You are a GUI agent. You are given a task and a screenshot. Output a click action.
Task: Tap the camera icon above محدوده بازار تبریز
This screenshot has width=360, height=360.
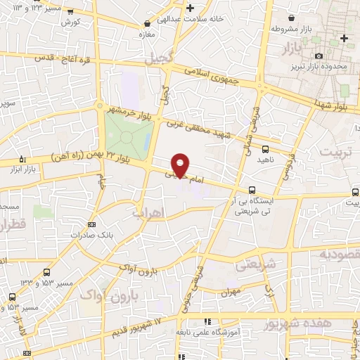tap(319, 56)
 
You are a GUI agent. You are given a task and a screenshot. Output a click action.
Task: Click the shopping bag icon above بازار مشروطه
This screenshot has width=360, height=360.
tap(292, 19)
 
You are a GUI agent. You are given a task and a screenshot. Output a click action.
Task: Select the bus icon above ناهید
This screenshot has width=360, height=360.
tap(265, 148)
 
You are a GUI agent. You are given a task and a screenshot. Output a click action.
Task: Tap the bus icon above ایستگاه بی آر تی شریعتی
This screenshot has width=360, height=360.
tap(252, 189)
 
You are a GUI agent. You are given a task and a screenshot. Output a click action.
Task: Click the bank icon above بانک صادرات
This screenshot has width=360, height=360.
tap(90, 224)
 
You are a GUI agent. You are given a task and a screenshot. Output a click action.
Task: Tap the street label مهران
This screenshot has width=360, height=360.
tap(230, 290)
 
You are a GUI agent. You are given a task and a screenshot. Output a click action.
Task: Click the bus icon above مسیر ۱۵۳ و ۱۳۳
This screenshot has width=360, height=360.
tap(46, 273)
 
